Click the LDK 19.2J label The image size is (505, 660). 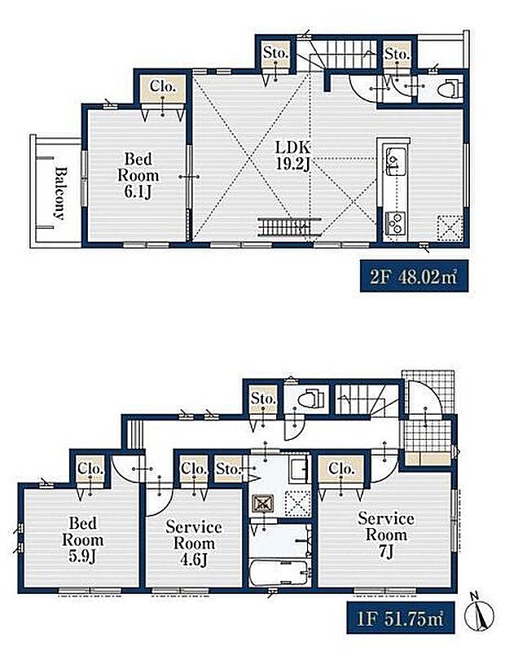293,156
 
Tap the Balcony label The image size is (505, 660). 60,194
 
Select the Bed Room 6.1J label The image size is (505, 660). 138,175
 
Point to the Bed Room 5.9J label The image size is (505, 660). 83,540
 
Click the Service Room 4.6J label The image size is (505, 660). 194,543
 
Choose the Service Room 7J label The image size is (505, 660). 386,535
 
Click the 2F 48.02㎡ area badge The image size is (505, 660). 414,276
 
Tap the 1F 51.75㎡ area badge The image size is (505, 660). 401,618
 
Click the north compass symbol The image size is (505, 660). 479,614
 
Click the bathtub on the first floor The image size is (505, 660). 279,573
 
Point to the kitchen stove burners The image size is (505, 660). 396,223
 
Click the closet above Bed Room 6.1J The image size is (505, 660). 163,87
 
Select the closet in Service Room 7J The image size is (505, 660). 340,469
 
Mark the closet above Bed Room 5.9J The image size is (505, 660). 90,469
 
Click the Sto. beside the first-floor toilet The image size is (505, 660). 263,398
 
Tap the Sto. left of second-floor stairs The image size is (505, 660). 275,54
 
